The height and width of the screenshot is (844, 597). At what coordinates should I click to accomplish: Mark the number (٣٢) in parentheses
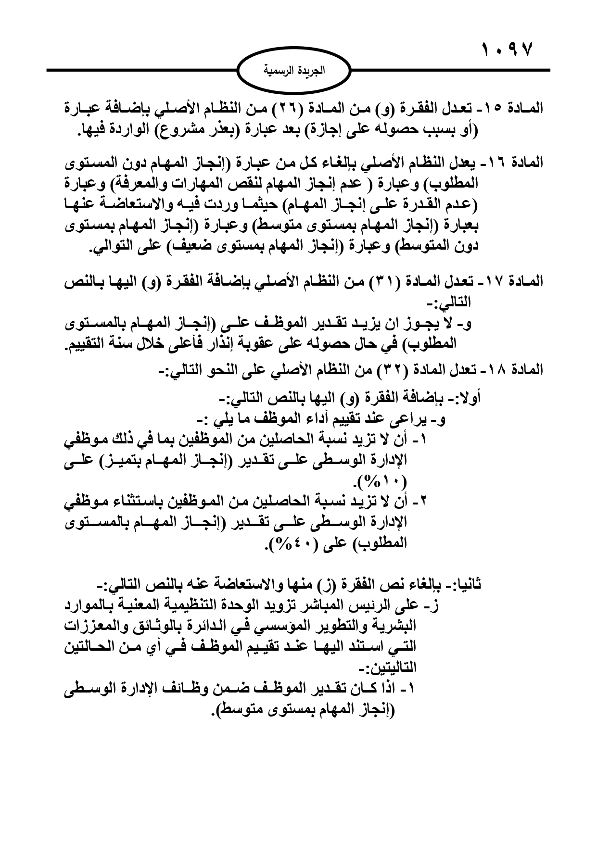(x=394, y=369)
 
